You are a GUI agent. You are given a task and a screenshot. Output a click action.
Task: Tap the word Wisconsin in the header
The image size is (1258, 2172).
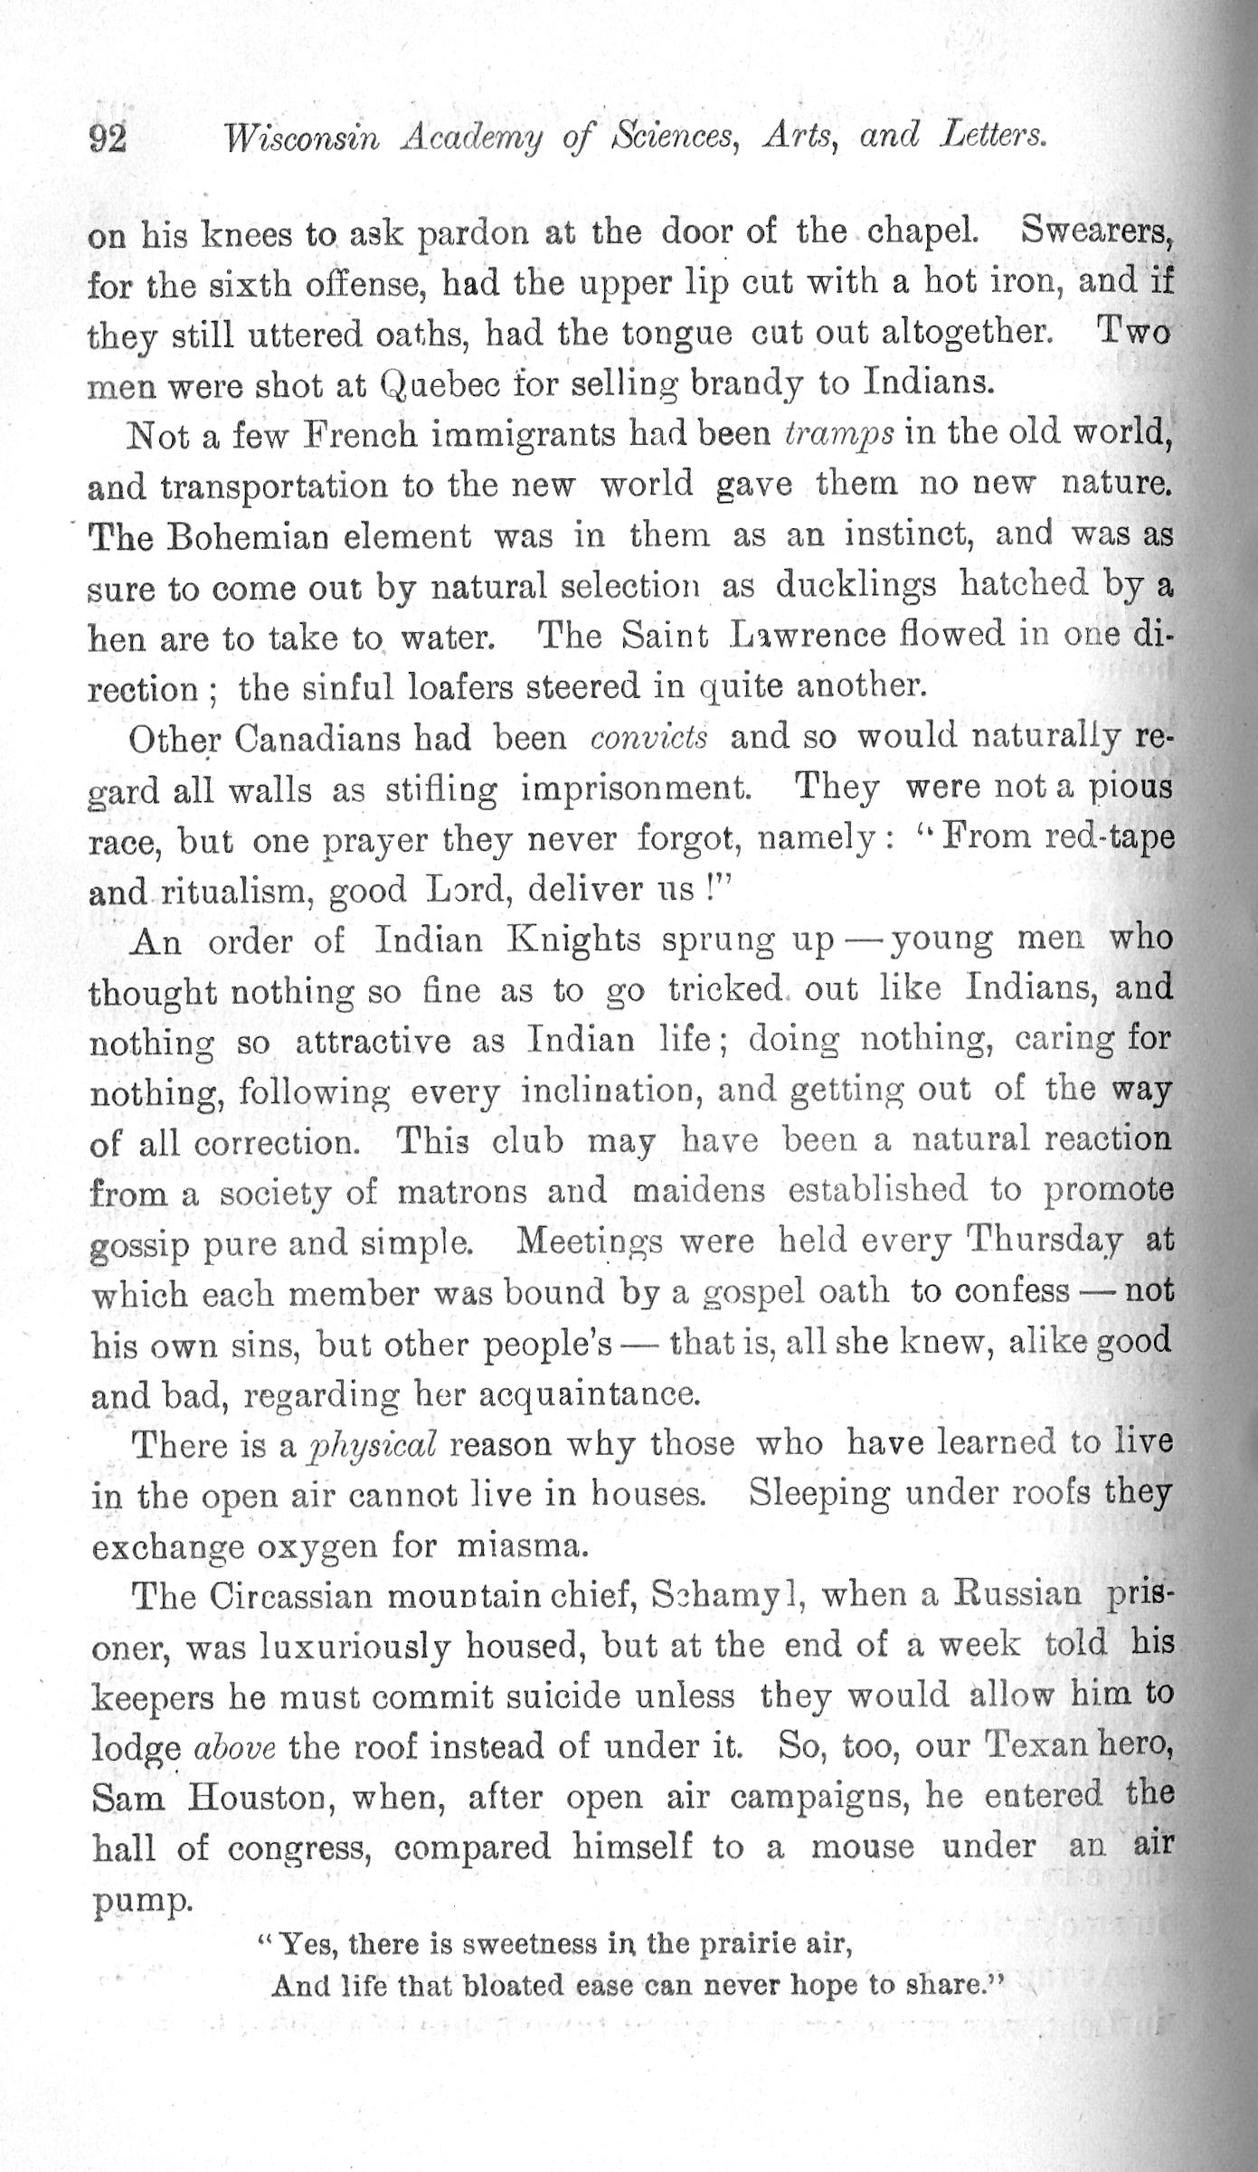pos(302,137)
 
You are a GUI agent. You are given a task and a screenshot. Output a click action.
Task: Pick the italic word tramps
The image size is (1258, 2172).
pos(840,435)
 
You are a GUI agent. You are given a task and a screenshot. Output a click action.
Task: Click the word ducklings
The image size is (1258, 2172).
pos(856,587)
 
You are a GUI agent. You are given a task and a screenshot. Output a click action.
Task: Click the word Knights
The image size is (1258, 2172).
pos(574,941)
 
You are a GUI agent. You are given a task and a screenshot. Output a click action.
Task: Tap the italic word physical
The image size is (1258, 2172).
pos(372,1445)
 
